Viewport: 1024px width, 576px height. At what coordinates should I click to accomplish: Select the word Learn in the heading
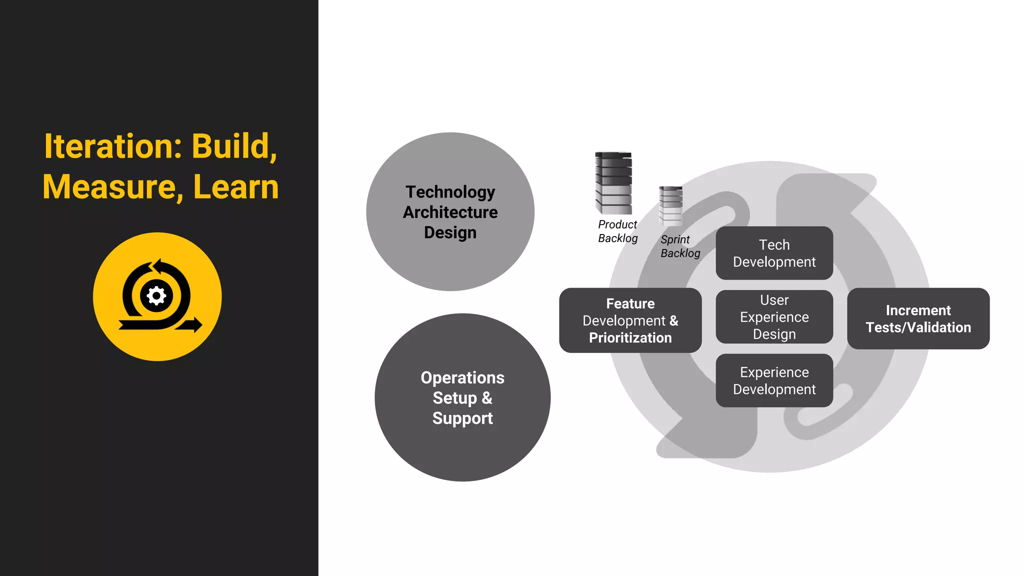click(x=235, y=187)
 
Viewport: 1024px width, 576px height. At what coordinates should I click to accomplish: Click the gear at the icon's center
click(x=156, y=296)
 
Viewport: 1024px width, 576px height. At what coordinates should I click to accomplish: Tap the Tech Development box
click(x=774, y=253)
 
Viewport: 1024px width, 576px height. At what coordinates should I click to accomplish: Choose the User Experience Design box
click(x=774, y=317)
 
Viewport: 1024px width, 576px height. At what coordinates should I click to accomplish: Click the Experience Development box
click(x=774, y=380)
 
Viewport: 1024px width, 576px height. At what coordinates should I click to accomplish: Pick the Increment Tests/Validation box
click(x=918, y=318)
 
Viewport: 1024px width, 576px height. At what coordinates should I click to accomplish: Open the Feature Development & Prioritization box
click(x=630, y=320)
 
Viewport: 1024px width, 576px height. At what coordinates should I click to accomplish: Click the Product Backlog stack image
click(x=613, y=183)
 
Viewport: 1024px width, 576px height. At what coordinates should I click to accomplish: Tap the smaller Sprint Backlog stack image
click(x=670, y=205)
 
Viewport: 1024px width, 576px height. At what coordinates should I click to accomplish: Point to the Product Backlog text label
click(x=617, y=231)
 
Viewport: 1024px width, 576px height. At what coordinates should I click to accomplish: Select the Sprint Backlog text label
click(x=680, y=246)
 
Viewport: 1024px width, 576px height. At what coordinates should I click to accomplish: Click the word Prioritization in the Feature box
click(x=630, y=338)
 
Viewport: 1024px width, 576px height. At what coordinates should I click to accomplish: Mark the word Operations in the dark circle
click(x=462, y=377)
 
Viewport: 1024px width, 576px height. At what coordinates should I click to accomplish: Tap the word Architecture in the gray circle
click(x=450, y=212)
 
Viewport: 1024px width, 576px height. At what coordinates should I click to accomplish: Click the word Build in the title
click(x=234, y=146)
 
